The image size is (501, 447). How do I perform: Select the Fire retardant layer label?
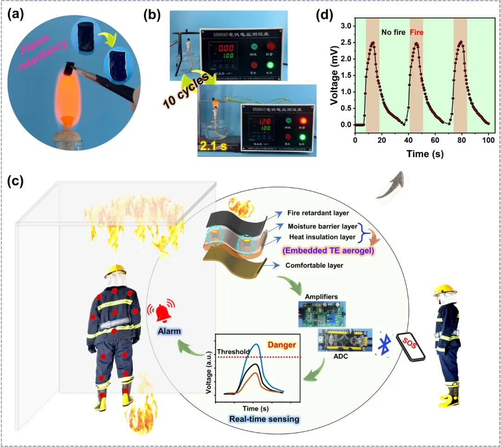point(318,213)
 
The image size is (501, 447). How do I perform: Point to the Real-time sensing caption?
point(264,419)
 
